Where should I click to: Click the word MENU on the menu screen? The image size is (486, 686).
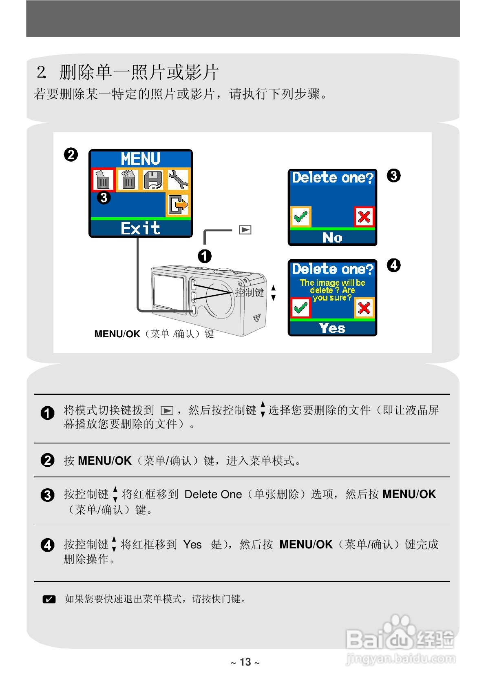pyautogui.click(x=140, y=158)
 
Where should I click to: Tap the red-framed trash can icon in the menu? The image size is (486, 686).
pyautogui.click(x=103, y=180)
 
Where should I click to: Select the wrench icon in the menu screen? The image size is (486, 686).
pyautogui.click(x=178, y=180)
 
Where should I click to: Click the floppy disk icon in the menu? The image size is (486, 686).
pyautogui.click(x=153, y=180)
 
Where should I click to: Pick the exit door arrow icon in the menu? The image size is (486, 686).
pyautogui.click(x=178, y=204)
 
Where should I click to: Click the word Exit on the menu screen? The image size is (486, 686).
pyautogui.click(x=140, y=228)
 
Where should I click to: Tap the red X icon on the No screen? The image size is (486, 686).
pyautogui.click(x=364, y=216)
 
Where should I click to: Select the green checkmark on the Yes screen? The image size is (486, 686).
pyautogui.click(x=301, y=308)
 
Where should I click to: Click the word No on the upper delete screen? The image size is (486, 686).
pyautogui.click(x=332, y=237)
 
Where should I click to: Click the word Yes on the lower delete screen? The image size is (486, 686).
pyautogui.click(x=332, y=328)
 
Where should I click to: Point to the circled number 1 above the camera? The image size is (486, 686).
pyautogui.click(x=205, y=256)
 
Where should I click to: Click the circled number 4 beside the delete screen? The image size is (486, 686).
pyautogui.click(x=393, y=265)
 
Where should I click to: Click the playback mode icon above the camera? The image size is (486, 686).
pyautogui.click(x=245, y=230)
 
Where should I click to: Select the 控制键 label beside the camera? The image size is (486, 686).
pyautogui.click(x=250, y=292)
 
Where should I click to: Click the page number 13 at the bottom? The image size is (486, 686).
pyautogui.click(x=245, y=662)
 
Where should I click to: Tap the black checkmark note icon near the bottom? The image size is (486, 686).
pyautogui.click(x=49, y=599)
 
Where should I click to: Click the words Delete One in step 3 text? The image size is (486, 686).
pyautogui.click(x=213, y=494)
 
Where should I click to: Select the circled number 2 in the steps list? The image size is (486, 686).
pyautogui.click(x=47, y=460)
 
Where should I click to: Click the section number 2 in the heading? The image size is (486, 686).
pyautogui.click(x=41, y=73)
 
